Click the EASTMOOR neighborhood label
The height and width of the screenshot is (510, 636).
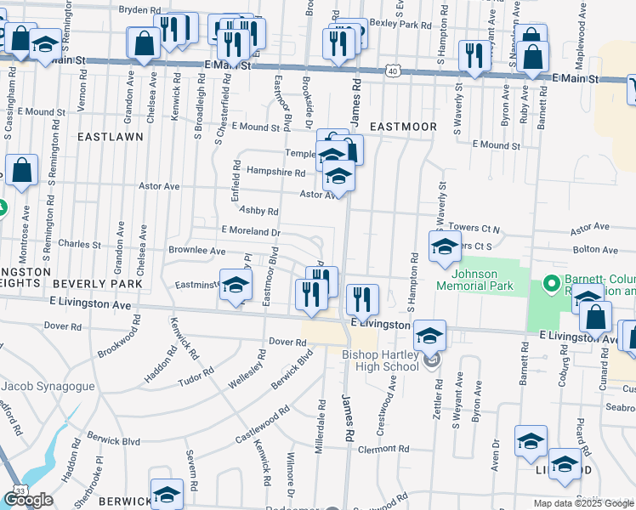click(x=404, y=127)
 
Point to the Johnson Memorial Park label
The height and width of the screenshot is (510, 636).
click(x=482, y=280)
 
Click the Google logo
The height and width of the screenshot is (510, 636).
click(x=28, y=500)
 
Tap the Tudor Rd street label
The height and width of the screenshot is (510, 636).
click(x=196, y=376)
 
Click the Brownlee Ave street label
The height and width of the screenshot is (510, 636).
click(x=197, y=252)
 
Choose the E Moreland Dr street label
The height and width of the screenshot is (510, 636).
click(x=251, y=230)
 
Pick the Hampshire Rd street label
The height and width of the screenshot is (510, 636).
click(x=275, y=172)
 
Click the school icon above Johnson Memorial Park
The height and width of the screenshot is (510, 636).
click(x=445, y=247)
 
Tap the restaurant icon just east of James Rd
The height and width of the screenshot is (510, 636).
click(x=362, y=298)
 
